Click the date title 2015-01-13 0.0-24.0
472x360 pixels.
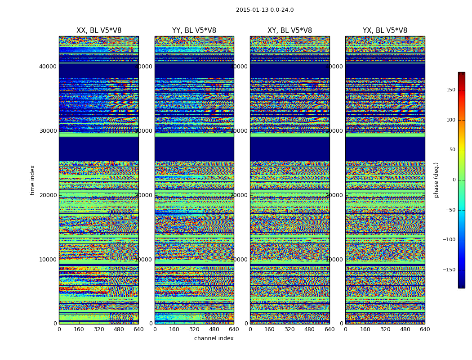pos(265,10)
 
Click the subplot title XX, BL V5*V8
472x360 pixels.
pos(99,31)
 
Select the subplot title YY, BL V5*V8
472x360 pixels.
pos(194,31)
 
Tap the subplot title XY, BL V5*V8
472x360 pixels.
pos(289,31)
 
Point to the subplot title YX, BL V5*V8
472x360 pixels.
pos(385,31)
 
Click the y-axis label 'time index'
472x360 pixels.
pos(32,180)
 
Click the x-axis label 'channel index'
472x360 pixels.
pos(214,338)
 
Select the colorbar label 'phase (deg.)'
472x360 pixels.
pos(436,180)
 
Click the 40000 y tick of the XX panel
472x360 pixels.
pos(48,66)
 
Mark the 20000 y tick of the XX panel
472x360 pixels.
pos(48,195)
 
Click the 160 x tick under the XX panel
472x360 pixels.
pos(79,329)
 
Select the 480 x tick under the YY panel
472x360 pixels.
pos(214,329)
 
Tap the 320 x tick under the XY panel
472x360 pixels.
pos(289,329)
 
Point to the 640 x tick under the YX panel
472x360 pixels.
pos(425,329)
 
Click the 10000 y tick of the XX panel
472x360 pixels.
pos(48,259)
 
